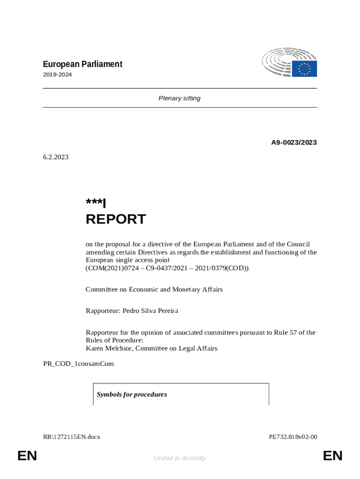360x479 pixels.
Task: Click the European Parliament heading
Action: coord(83,64)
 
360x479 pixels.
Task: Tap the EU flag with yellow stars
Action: coord(304,69)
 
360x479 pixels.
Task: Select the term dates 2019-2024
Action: coord(58,75)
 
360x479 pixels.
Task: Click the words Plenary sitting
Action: coord(180,98)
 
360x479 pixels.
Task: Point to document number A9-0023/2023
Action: coord(294,142)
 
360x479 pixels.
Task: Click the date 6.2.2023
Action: coord(56,157)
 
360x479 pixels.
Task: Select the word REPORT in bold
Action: coord(115,219)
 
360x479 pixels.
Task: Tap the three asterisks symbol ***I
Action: coord(96,203)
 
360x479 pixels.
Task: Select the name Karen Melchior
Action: coord(109,348)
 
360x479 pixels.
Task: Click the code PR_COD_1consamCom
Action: coord(79,363)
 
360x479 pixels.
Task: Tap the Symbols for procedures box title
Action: coord(132,394)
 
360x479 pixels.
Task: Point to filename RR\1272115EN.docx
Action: coord(72,437)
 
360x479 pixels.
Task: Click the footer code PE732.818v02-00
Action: coord(293,437)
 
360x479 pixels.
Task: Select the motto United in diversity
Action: coord(180,458)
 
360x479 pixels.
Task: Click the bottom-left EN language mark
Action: coord(27,456)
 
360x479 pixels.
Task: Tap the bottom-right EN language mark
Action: coord(332,456)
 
